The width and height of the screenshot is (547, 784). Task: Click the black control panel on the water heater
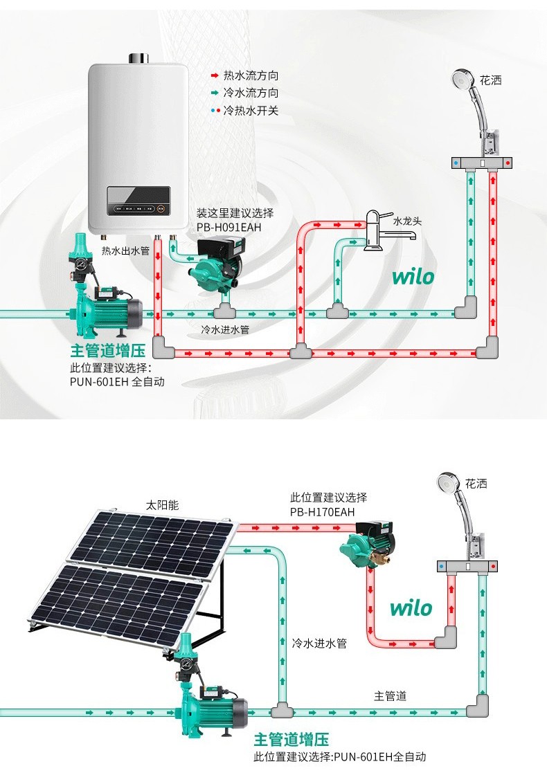point(139,201)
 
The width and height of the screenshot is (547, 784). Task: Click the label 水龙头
point(407,221)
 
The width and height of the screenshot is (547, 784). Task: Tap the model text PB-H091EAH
point(228,228)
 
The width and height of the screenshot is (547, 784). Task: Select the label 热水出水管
point(125,250)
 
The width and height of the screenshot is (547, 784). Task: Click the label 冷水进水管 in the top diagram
point(225,329)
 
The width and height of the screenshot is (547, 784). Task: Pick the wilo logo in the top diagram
point(413,277)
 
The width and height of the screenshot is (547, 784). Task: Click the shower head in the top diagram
point(463,79)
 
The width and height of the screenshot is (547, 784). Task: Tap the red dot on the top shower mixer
point(508,163)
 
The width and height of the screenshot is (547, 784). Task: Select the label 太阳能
point(162,505)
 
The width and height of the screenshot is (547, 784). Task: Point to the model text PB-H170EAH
point(322,512)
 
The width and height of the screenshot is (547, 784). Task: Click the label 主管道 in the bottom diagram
point(391,696)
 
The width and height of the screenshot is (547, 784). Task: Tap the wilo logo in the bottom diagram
point(411,608)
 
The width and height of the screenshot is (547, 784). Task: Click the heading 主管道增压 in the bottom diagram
point(291,739)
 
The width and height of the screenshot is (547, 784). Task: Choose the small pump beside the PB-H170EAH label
point(368,543)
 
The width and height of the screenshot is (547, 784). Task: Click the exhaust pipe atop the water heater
point(138,59)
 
